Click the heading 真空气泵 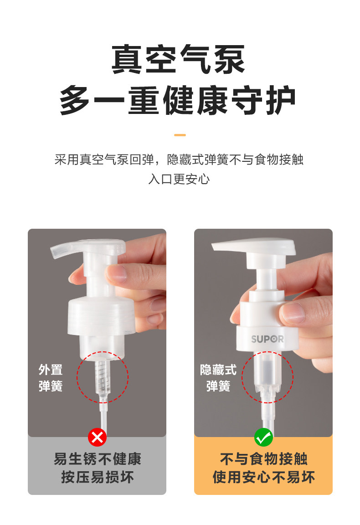point(178,59)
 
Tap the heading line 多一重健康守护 point(177,100)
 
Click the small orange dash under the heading point(180,135)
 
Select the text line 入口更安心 point(179,179)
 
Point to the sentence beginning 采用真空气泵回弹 point(179,160)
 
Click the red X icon point(97,437)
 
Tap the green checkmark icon point(263,437)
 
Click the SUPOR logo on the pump point(267,339)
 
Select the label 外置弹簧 point(51,378)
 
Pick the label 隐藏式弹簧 point(218,378)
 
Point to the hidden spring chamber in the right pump point(267,372)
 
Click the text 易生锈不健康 point(98,459)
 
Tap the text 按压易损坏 point(98,477)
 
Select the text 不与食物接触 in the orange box point(263,459)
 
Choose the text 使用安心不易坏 point(263,477)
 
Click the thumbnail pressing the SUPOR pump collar point(293,313)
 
